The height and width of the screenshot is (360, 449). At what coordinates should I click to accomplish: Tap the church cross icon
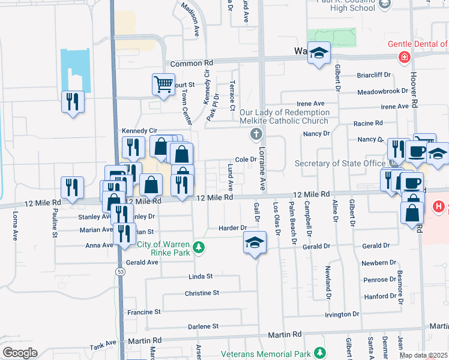256,134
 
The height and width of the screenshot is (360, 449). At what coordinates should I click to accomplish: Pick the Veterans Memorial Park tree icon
322,352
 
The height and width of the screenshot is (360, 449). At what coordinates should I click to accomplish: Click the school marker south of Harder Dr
255,243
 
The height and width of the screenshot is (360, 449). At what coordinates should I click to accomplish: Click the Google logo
20,352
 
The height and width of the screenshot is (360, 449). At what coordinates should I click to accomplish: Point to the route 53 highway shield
120,271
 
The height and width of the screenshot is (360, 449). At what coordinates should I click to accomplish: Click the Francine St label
143,312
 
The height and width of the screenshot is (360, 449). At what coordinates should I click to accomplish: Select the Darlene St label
202,326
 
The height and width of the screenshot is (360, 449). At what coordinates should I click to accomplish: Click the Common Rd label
191,63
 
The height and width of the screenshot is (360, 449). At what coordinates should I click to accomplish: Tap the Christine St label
202,293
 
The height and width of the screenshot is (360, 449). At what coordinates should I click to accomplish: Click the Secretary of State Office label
340,164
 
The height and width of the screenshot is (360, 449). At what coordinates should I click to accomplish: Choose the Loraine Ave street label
262,172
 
